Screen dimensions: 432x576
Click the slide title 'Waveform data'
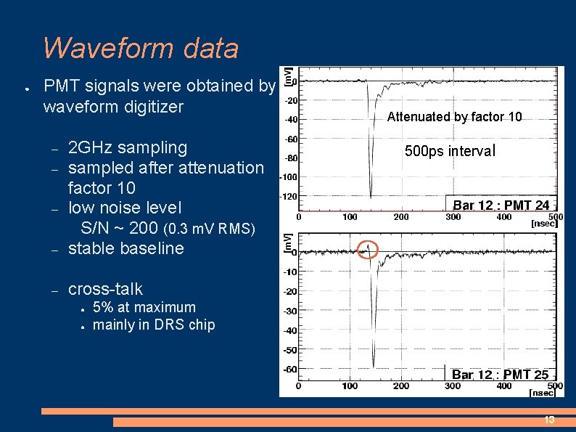pyautogui.click(x=140, y=48)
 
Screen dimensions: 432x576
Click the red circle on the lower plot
pyautogui.click(x=369, y=249)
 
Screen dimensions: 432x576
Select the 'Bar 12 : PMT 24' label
pyautogui.click(x=501, y=205)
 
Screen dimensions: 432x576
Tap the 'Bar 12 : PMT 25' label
pyautogui.click(x=500, y=375)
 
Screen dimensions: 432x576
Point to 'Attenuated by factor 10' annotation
pyautogui.click(x=454, y=117)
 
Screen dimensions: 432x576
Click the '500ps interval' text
pyautogui.click(x=450, y=151)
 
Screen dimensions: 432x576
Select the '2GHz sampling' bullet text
pyautogui.click(x=127, y=147)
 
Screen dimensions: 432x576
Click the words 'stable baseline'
pyautogui.click(x=126, y=248)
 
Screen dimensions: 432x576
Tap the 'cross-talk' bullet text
pyautogui.click(x=105, y=289)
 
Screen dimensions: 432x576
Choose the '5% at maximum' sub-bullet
pyautogui.click(x=144, y=307)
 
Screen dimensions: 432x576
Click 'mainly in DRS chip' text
pyautogui.click(x=154, y=325)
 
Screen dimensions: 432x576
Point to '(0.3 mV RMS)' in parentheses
pyautogui.click(x=210, y=229)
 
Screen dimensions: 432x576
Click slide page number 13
pyautogui.click(x=549, y=420)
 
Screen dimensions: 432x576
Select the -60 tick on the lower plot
pyautogui.click(x=289, y=369)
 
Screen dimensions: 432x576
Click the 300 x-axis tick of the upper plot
pyautogui.click(x=453, y=216)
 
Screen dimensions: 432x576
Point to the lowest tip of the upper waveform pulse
pyautogui.click(x=371, y=197)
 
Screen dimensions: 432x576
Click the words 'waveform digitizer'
pyautogui.click(x=113, y=107)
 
